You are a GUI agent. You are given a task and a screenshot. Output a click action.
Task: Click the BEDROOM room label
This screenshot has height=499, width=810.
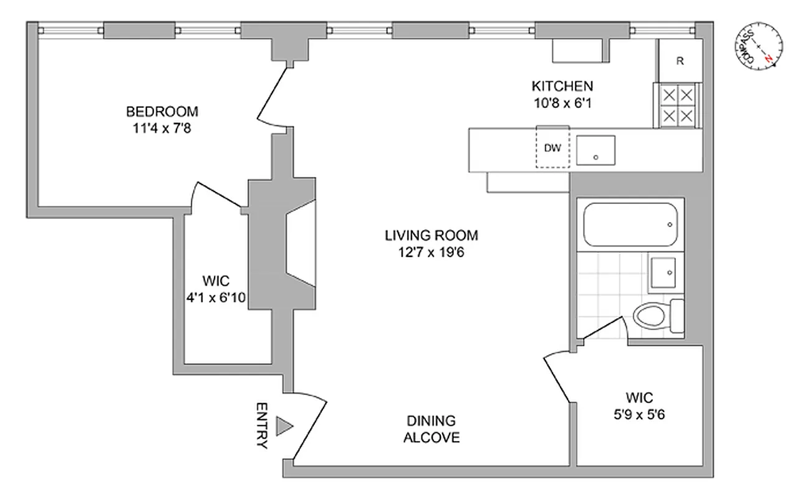[162, 112]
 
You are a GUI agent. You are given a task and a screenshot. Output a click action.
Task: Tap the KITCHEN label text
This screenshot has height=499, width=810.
[561, 86]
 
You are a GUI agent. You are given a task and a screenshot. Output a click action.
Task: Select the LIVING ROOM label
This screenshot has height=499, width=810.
[431, 236]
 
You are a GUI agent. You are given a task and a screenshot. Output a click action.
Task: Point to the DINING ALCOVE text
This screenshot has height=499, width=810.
[431, 429]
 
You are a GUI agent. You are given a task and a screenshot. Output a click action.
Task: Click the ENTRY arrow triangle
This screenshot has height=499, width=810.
[284, 426]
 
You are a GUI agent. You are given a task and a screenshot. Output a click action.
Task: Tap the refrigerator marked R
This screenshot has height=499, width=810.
[680, 61]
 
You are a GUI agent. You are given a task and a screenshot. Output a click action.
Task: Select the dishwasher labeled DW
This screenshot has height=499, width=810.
[552, 148]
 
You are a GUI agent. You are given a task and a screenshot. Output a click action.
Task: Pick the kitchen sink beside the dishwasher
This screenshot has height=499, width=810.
[595, 151]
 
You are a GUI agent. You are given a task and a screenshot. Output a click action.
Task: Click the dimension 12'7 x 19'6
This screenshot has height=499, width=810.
[431, 253]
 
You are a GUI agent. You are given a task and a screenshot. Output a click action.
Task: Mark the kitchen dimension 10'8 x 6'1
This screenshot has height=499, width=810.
[561, 103]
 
